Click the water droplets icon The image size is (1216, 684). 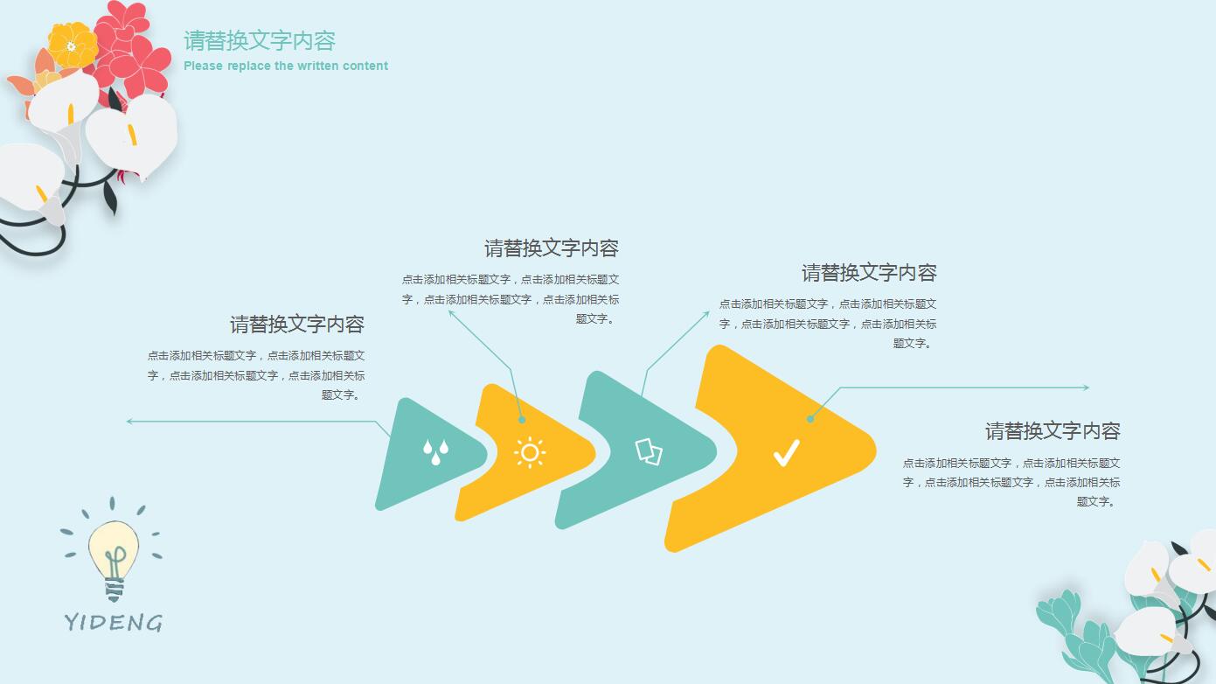click(x=435, y=451)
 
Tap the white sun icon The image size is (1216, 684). click(x=530, y=452)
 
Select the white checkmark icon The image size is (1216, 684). click(x=786, y=453)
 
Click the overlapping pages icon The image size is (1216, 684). click(x=649, y=451)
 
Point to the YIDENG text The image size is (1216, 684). click(x=114, y=622)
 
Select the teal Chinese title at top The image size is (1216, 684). click(x=260, y=40)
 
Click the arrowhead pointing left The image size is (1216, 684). click(x=130, y=422)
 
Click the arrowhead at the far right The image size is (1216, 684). click(x=1086, y=387)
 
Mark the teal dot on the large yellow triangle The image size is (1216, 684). click(x=810, y=419)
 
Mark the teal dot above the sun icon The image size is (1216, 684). click(x=522, y=420)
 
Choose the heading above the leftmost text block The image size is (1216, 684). click(x=297, y=325)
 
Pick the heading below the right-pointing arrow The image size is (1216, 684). click(x=1053, y=431)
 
